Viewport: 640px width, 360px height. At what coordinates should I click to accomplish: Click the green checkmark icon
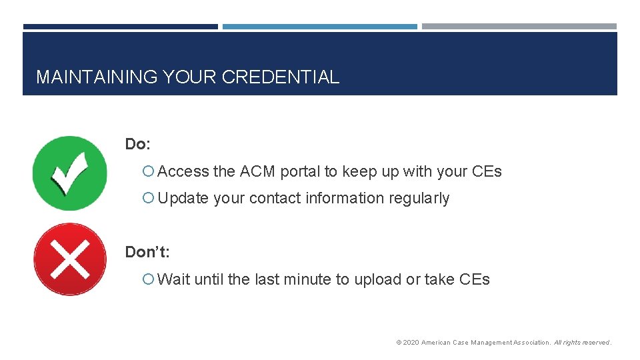[x=69, y=173]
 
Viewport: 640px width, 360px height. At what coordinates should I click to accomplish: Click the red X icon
[x=69, y=259]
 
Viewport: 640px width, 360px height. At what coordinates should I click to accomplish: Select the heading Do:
[x=138, y=144]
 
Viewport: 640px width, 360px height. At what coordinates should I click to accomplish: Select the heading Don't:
[x=147, y=252]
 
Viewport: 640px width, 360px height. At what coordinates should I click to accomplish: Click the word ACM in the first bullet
[x=257, y=171]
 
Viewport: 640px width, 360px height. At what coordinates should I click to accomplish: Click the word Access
[x=183, y=171]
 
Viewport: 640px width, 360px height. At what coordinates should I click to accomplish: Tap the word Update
[x=183, y=198]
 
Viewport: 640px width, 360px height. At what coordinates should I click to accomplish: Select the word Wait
[x=174, y=279]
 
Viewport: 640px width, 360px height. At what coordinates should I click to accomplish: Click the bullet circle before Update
[x=149, y=199]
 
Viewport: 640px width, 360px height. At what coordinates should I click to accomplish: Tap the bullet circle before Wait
[x=149, y=280]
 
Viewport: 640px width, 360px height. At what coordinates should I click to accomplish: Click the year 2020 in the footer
[x=411, y=343]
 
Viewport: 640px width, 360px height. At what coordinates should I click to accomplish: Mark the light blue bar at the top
[x=319, y=27]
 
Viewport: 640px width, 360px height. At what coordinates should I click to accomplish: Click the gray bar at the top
[x=519, y=27]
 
